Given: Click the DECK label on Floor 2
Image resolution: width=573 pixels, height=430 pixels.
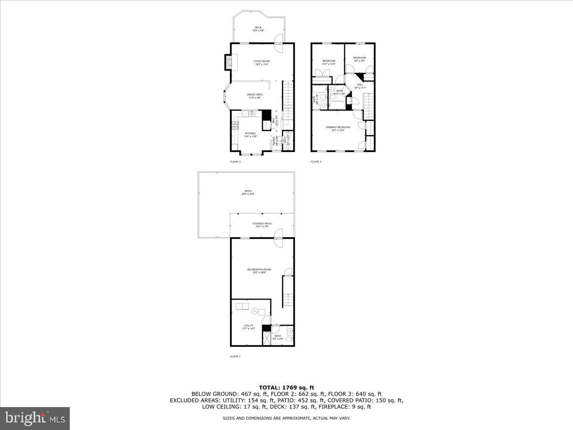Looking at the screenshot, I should pos(258,28).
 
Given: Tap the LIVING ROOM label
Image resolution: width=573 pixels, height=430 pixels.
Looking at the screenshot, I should pos(262,62).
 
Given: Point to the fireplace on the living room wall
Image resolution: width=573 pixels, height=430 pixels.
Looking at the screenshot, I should pos(229,62).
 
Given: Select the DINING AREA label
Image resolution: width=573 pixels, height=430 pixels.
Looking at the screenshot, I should pos(255,95).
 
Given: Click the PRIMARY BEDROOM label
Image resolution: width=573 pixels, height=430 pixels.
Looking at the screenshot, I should pos(338,128).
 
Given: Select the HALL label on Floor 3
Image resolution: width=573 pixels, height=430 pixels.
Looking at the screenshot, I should pos(360,86).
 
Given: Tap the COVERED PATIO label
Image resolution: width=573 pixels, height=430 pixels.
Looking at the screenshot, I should pos(262,224).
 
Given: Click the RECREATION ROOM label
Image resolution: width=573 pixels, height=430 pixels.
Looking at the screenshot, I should pos(259,270).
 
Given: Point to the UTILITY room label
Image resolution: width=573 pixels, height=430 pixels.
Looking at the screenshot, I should pos(249,326).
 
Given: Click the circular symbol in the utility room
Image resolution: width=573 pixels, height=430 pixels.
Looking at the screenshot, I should pos(255,311).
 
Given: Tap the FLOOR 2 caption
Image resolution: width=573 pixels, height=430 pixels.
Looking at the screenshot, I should pos(235,162).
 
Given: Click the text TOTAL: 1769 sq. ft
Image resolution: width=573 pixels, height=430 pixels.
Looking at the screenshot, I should pos(286,387).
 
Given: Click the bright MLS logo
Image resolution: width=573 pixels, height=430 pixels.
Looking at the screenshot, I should pos(35,419).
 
